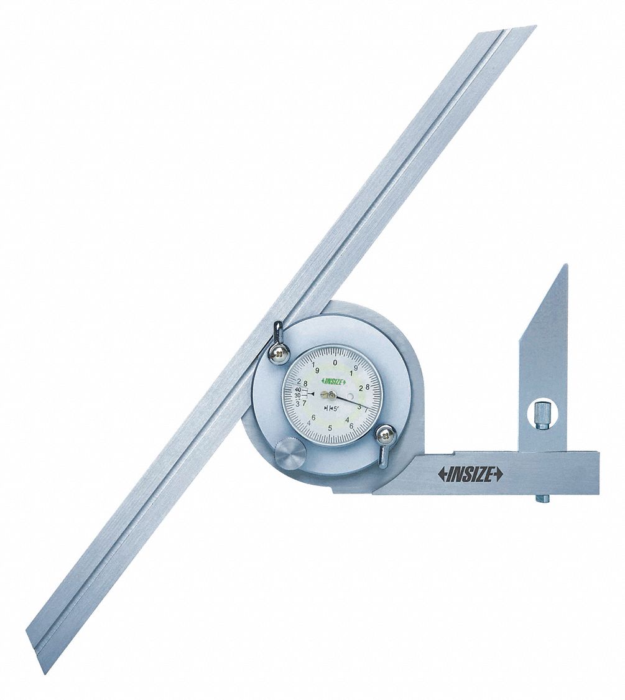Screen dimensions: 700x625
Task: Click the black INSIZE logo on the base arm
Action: click(x=471, y=475)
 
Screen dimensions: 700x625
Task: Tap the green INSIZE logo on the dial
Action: click(x=334, y=381)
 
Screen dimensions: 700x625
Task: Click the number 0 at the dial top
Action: click(x=335, y=362)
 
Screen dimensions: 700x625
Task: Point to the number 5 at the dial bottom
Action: click(x=330, y=428)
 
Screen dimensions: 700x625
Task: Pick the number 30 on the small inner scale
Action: click(x=298, y=396)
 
